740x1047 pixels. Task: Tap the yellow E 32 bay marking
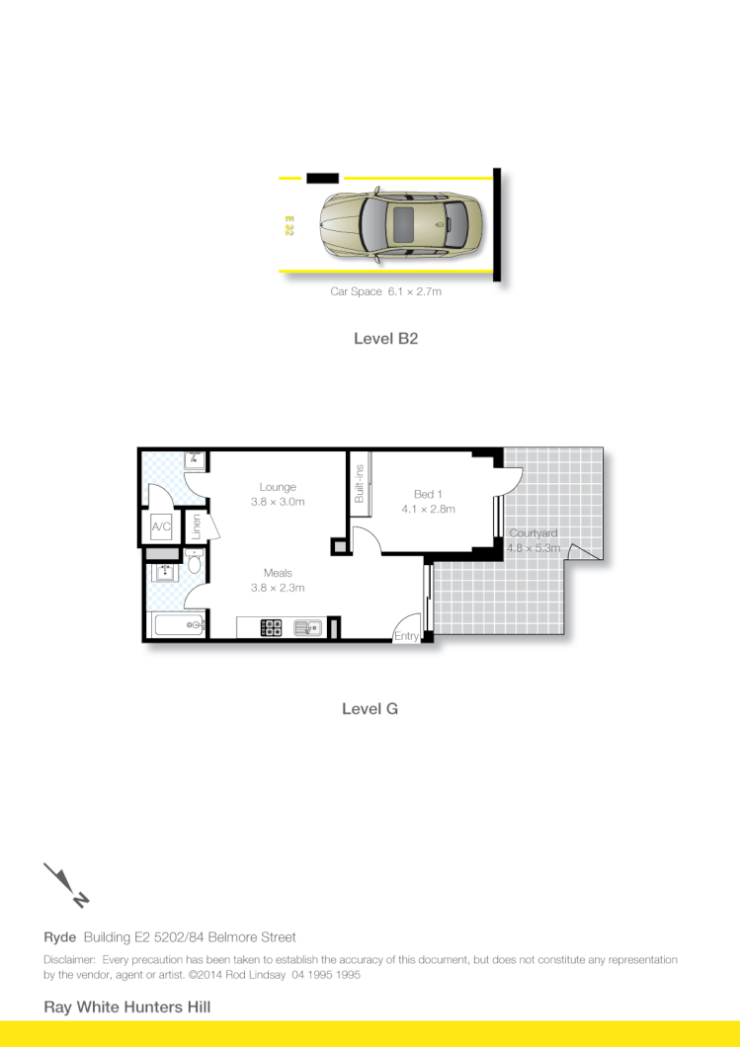point(289,224)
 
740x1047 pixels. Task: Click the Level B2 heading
point(386,338)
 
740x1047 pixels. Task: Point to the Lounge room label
point(278,487)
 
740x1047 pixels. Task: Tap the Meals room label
point(278,573)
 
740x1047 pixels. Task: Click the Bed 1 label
point(428,494)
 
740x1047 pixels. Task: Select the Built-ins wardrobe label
point(360,484)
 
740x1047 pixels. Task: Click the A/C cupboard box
point(161,527)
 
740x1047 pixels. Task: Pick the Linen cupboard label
point(197,526)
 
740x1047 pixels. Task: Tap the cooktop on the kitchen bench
point(272,627)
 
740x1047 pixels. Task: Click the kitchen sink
point(306,627)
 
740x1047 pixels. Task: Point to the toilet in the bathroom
point(195,564)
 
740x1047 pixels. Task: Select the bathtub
point(176,625)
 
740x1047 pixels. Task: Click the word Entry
point(406,637)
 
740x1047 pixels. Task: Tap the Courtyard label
point(534,533)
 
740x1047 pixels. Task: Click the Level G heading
point(370,708)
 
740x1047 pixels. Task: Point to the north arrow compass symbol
point(66,884)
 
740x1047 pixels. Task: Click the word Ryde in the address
point(60,937)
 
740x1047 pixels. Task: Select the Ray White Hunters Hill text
point(126,1007)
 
